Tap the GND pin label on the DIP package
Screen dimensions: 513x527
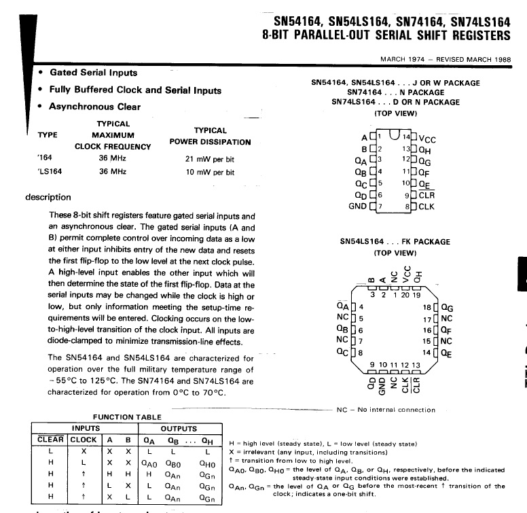(x=357, y=206)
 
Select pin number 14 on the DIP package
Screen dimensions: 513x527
(x=406, y=137)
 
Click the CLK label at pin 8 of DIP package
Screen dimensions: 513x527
(x=426, y=206)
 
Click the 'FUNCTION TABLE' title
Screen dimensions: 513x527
(x=127, y=417)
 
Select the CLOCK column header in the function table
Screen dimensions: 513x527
(x=84, y=439)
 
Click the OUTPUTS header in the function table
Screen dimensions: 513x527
(x=179, y=429)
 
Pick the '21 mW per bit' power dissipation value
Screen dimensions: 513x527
(x=214, y=159)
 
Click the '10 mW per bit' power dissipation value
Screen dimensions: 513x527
(x=214, y=172)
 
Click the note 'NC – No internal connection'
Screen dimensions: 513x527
(x=386, y=410)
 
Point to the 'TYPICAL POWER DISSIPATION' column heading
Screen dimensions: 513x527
(x=210, y=136)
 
